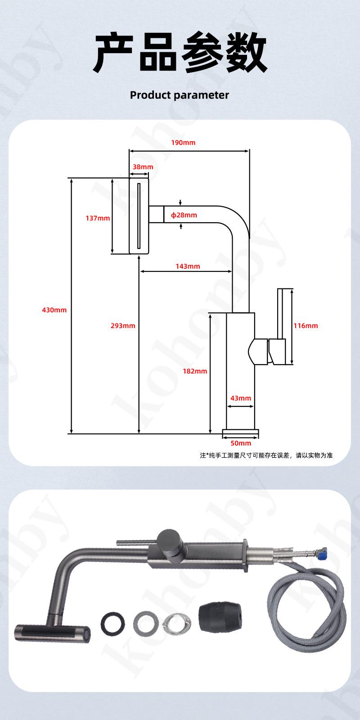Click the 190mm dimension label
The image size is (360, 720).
pyautogui.click(x=183, y=142)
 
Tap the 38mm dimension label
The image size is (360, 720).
pyautogui.click(x=143, y=167)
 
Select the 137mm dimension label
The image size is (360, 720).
pyautogui.click(x=98, y=218)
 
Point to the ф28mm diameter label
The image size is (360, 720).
pyautogui.click(x=184, y=215)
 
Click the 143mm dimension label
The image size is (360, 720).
pyautogui.click(x=188, y=266)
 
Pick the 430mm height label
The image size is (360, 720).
pyautogui.click(x=54, y=310)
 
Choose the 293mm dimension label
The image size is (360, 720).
pyautogui.click(x=123, y=326)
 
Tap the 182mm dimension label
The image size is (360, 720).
pyautogui.click(x=195, y=371)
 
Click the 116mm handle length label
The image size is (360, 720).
pyautogui.click(x=306, y=326)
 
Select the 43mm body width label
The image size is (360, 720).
pyautogui.click(x=241, y=398)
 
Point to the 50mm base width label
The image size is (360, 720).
pyautogui.click(x=241, y=443)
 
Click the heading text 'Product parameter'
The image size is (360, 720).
pyautogui.click(x=180, y=95)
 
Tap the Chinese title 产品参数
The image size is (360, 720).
pyautogui.click(x=180, y=52)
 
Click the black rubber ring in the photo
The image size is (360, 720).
pyautogui.click(x=113, y=623)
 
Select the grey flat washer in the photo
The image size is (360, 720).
pyautogui.click(x=146, y=623)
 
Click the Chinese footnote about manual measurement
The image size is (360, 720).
pyautogui.click(x=266, y=455)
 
